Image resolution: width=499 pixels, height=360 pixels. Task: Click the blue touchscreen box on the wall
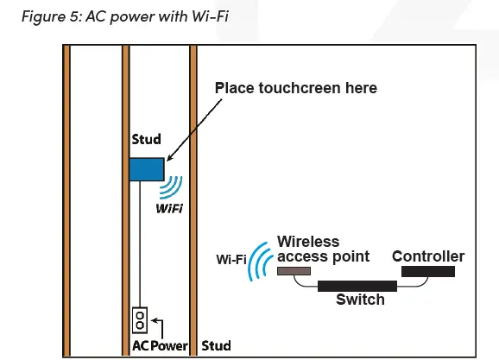tap(147, 169)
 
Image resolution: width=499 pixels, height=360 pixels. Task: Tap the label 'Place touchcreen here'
tap(295, 88)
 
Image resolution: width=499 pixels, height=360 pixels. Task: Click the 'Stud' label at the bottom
tap(216, 345)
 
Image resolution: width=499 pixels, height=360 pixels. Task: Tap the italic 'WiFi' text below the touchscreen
tap(169, 208)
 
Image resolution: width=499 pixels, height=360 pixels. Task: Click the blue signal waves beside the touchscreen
tap(174, 187)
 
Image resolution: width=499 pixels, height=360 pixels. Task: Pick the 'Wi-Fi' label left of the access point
tap(231, 257)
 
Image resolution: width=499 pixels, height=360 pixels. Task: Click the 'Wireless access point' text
tap(323, 249)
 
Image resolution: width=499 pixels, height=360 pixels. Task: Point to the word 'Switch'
tap(360, 300)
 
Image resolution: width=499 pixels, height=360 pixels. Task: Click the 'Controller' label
tap(428, 256)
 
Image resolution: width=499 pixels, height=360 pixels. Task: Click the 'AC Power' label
tap(159, 345)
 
